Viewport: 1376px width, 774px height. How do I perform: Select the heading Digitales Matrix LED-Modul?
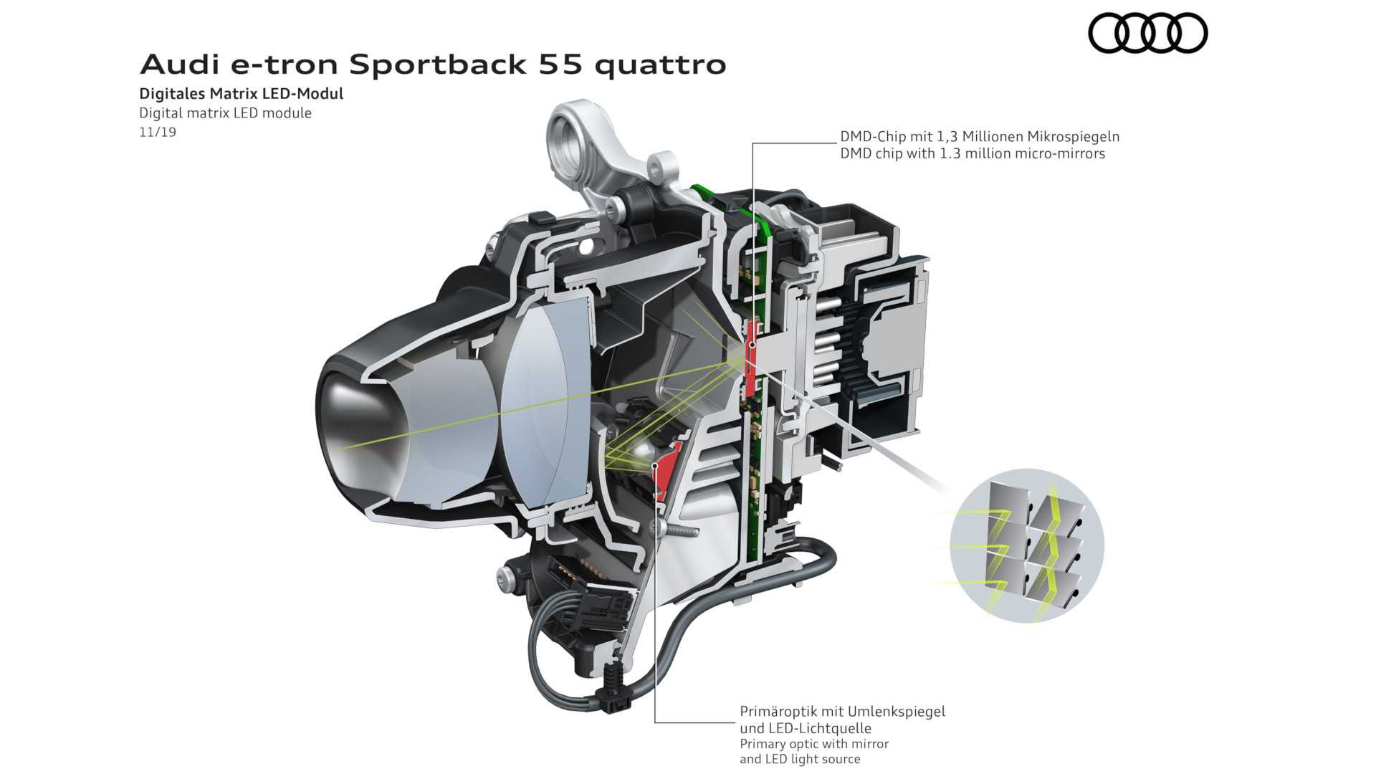[x=242, y=94]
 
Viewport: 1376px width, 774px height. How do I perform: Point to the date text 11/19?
[x=158, y=132]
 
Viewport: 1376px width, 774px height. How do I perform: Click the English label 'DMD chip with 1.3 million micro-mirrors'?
[x=973, y=153]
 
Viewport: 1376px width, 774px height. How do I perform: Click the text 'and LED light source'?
[x=800, y=759]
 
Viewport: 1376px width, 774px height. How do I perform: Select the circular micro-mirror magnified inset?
[x=1027, y=545]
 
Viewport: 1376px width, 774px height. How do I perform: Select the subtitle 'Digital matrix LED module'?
[x=226, y=113]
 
